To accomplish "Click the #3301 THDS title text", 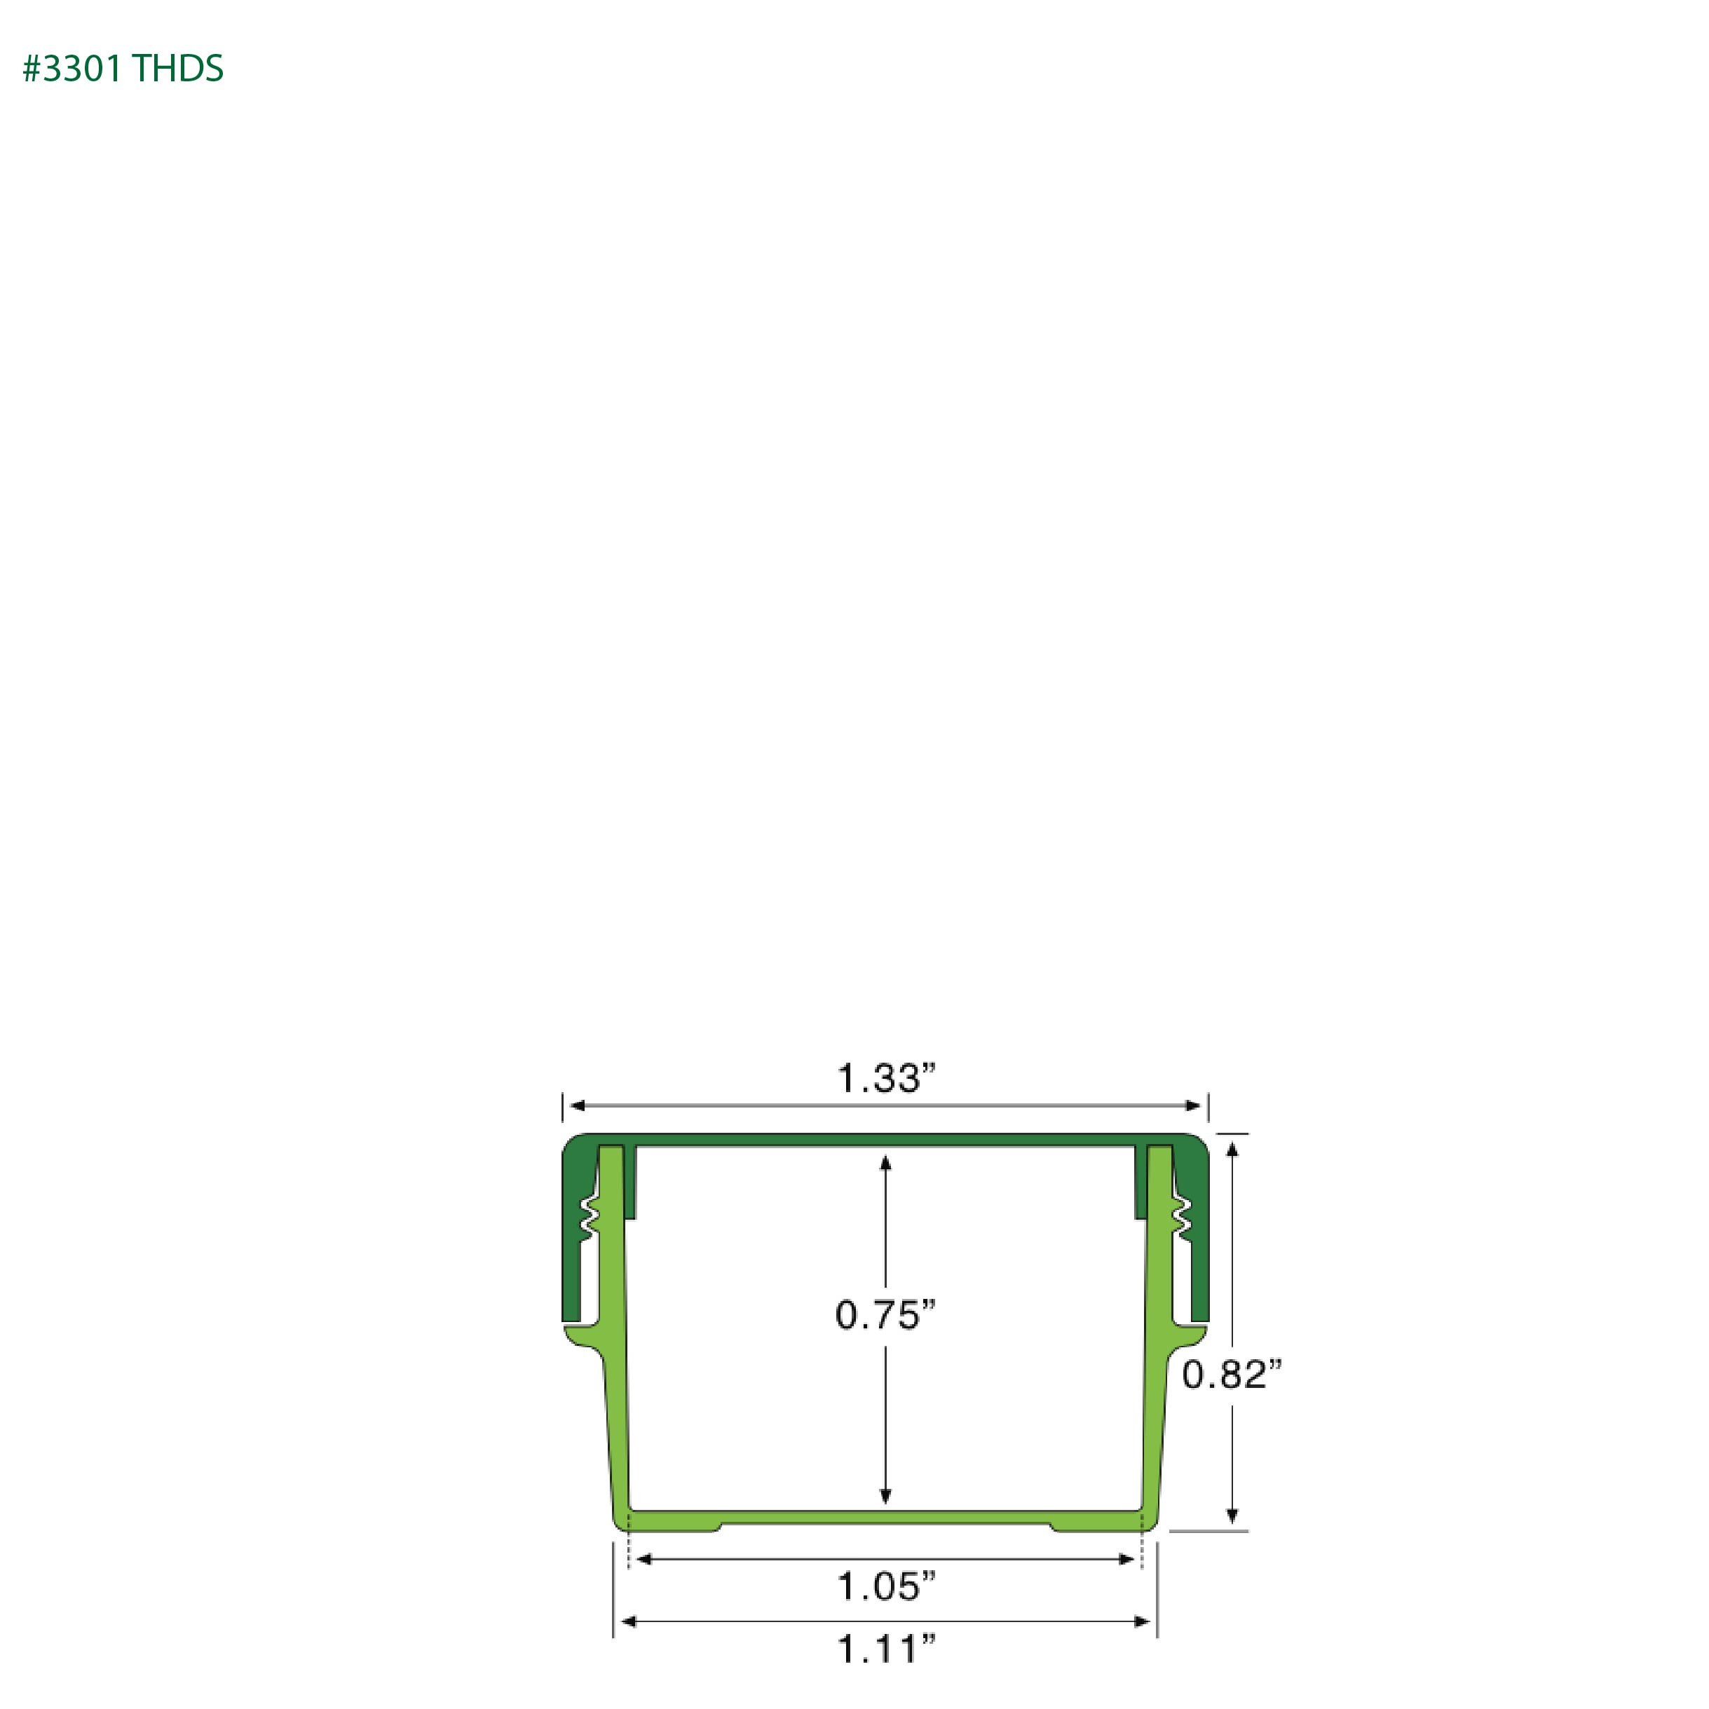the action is [x=123, y=69].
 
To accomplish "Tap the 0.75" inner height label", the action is [x=885, y=1315].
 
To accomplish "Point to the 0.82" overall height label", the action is [x=1232, y=1375].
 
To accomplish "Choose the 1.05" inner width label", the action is [x=886, y=1587].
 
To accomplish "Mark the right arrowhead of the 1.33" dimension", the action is [x=1193, y=1105].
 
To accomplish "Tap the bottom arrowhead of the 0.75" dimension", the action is [x=885, y=1496].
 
